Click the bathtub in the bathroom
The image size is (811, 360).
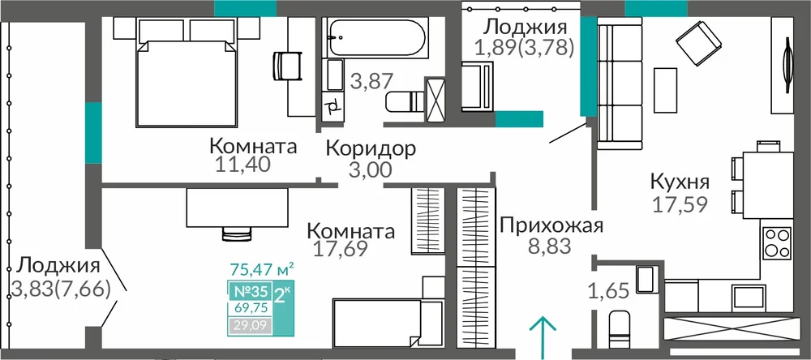click(375, 38)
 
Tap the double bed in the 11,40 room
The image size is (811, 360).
click(182, 83)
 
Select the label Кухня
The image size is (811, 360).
click(680, 182)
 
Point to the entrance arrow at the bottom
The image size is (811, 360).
click(543, 337)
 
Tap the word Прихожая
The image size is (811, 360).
click(551, 226)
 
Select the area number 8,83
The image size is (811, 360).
click(549, 246)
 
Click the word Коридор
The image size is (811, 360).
click(371, 149)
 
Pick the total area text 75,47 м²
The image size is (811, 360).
click(262, 269)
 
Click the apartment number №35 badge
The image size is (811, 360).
click(251, 291)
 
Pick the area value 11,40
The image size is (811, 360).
click(242, 165)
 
